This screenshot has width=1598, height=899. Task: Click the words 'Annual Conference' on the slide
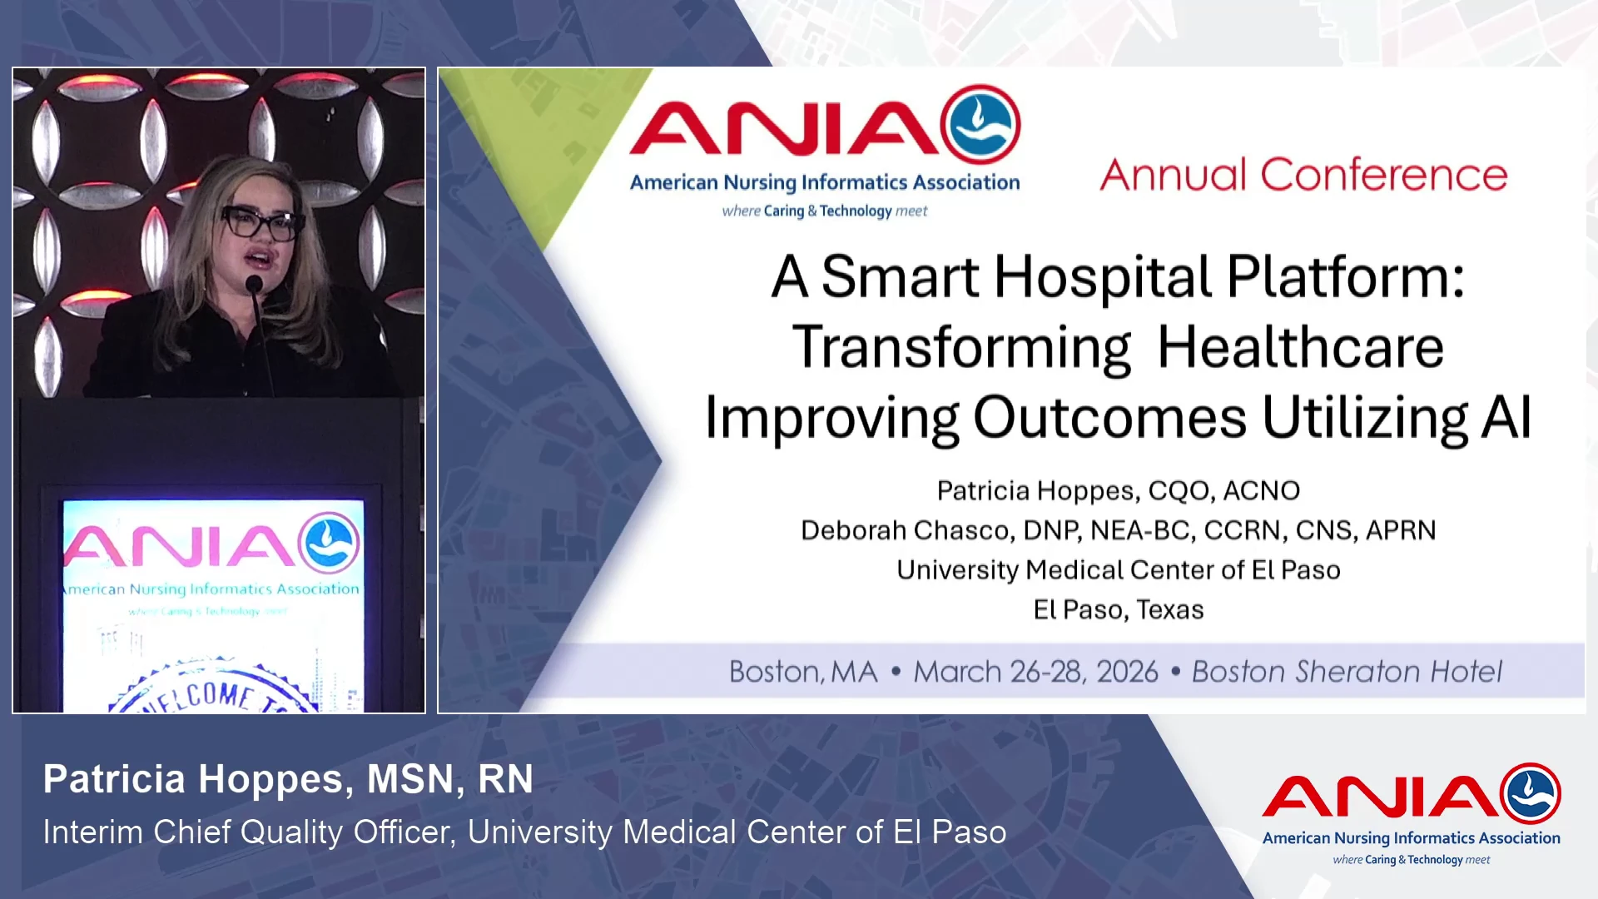click(1303, 175)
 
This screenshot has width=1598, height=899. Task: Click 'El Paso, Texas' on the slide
click(1119, 610)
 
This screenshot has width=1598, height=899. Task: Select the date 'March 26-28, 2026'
click(1035, 672)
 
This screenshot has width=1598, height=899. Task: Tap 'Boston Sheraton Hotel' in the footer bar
click(1347, 672)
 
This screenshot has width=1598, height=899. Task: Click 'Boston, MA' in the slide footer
click(803, 672)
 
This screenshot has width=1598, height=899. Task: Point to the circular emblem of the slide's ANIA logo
click(980, 125)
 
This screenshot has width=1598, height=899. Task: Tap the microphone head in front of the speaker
click(254, 285)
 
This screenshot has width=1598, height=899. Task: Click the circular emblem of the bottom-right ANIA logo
click(1531, 793)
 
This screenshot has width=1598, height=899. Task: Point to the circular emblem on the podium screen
click(330, 543)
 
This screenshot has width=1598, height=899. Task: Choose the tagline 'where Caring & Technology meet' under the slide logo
click(825, 211)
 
